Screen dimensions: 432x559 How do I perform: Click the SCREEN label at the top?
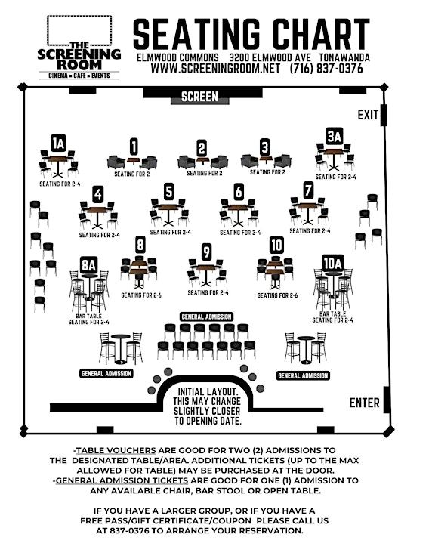coord(199,97)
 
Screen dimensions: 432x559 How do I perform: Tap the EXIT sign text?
coord(368,115)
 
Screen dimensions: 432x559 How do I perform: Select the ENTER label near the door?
coord(364,403)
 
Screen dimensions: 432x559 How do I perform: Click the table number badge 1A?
coord(58,144)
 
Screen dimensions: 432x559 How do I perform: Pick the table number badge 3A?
coord(335,137)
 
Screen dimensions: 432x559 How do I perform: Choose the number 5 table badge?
coord(168,191)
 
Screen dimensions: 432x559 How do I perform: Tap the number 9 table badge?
coord(206,252)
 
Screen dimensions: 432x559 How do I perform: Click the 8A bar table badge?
coord(89,265)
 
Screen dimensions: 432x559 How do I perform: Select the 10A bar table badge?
coord(332,264)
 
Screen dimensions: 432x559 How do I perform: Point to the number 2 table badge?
coord(202,148)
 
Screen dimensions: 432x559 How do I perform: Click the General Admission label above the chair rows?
coord(207,317)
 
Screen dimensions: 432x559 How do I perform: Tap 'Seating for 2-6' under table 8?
coord(141,295)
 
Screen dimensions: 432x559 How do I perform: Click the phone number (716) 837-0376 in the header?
coord(326,68)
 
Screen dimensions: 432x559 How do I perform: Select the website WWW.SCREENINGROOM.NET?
coord(215,68)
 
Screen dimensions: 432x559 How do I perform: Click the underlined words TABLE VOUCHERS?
coord(116,450)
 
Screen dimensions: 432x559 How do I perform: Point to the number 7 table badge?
coord(308,190)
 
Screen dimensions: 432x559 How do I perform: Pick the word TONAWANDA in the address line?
coord(344,57)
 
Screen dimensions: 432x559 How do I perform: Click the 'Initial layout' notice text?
coord(208,406)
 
